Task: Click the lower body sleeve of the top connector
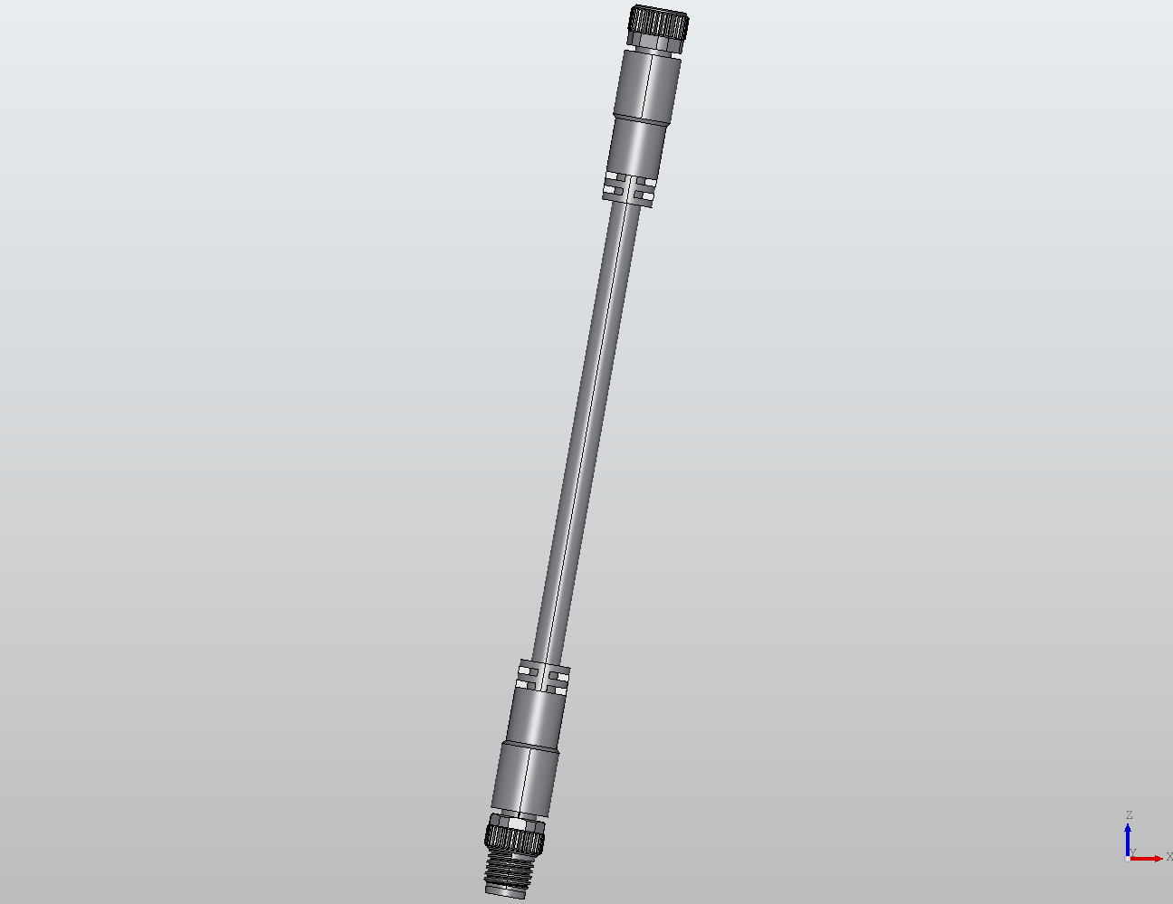click(636, 145)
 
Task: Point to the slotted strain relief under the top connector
click(630, 188)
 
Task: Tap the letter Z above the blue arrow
click(1129, 815)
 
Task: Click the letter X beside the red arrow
click(1168, 857)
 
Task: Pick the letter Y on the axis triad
click(1133, 852)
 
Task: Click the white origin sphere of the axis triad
click(1127, 858)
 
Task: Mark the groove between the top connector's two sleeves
click(642, 117)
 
